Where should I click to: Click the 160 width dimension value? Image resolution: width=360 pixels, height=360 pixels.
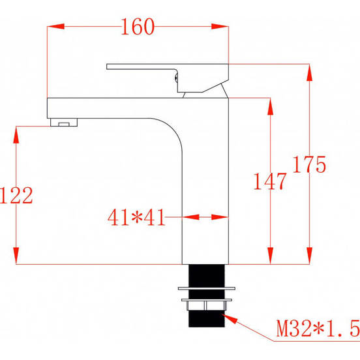tap(138, 27)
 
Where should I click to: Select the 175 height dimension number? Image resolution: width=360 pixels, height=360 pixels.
tap(309, 165)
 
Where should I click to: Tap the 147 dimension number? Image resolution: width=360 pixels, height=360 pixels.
tap(269, 181)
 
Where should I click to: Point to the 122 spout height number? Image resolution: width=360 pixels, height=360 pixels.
tap(16, 195)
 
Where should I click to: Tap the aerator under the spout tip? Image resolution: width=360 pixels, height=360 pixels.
tap(64, 122)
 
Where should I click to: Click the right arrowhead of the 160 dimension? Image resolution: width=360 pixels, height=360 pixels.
tap(223, 27)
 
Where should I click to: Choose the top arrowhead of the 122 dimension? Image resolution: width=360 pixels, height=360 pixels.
tap(16, 132)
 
